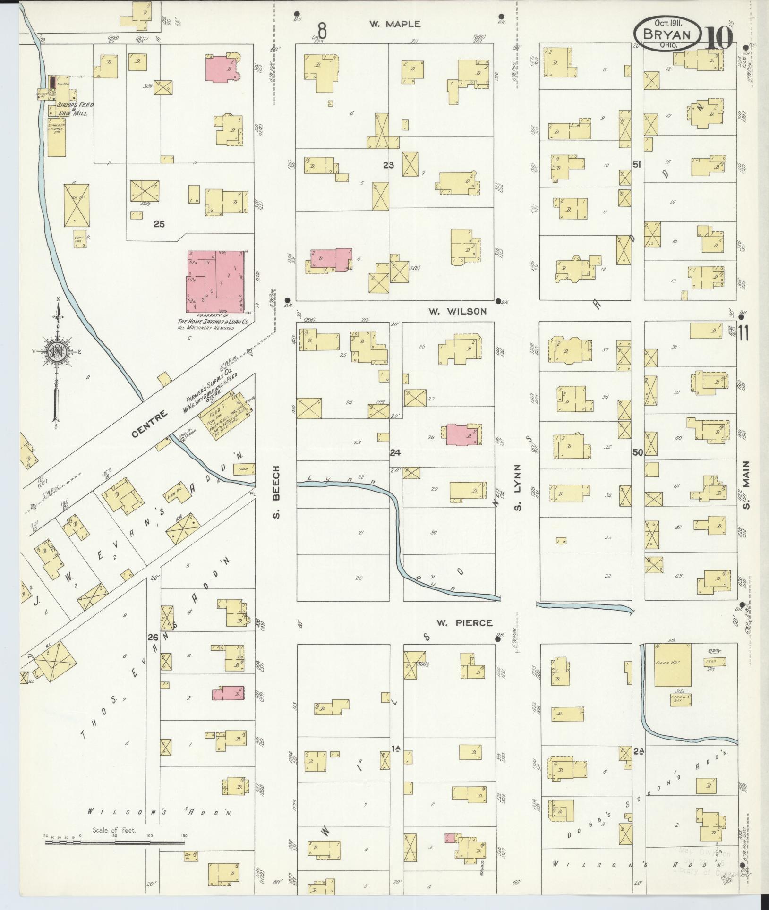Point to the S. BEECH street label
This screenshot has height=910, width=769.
click(277, 491)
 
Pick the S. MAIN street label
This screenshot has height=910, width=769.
click(746, 491)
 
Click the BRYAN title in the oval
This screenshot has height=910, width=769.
click(666, 34)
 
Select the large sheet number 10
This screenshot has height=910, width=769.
click(719, 37)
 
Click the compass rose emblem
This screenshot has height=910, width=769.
click(56, 350)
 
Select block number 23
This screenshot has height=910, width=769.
click(388, 165)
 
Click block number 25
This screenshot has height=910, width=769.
click(159, 224)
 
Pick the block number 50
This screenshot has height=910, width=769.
click(637, 452)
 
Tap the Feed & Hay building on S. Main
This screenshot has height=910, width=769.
click(672, 664)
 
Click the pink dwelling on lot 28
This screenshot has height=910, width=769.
click(461, 435)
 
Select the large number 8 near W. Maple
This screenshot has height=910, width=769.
click(322, 31)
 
